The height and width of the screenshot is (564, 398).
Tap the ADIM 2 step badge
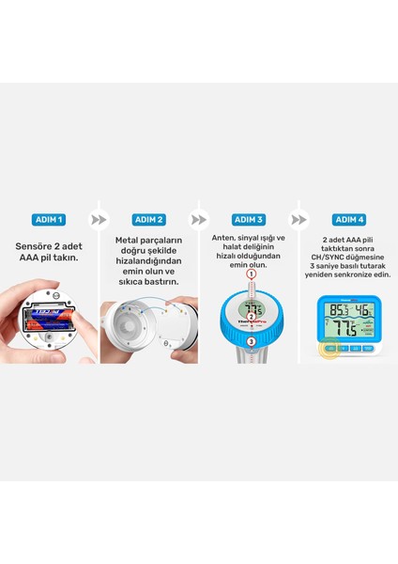149,219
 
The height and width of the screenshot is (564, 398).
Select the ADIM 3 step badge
249,219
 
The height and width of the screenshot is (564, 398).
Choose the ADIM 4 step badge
347,219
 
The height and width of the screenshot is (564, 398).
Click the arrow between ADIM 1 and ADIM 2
98,219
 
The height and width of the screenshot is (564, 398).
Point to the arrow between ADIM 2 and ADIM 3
199,219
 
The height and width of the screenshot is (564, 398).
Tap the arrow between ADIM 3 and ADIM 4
298,219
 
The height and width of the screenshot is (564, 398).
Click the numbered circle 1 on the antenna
251,274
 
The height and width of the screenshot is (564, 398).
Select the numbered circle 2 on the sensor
251,316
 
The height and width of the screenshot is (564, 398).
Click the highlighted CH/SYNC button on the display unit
330,348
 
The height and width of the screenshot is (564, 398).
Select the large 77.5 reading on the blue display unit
344,330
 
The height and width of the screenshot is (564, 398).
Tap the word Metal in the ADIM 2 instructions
131,242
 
